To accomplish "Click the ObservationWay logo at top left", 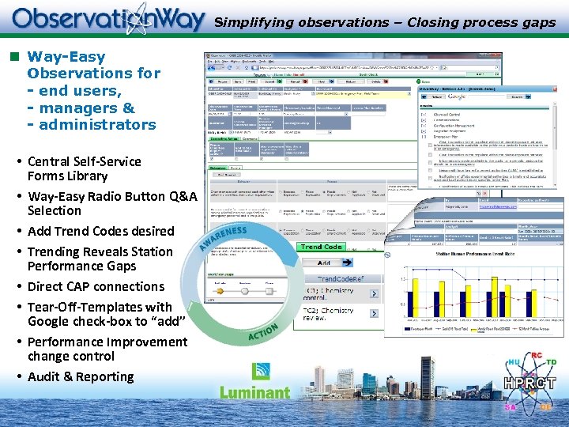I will point(108,19).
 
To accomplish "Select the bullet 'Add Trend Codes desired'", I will point(100,231).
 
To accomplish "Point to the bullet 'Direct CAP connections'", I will point(96,286).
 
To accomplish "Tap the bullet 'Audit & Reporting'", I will point(81,376).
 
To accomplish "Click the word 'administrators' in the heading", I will point(97,125).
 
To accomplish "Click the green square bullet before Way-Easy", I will point(13,56).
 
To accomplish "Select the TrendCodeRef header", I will point(341,279).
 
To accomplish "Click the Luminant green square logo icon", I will point(261,372).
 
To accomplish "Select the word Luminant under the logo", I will point(254,391).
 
